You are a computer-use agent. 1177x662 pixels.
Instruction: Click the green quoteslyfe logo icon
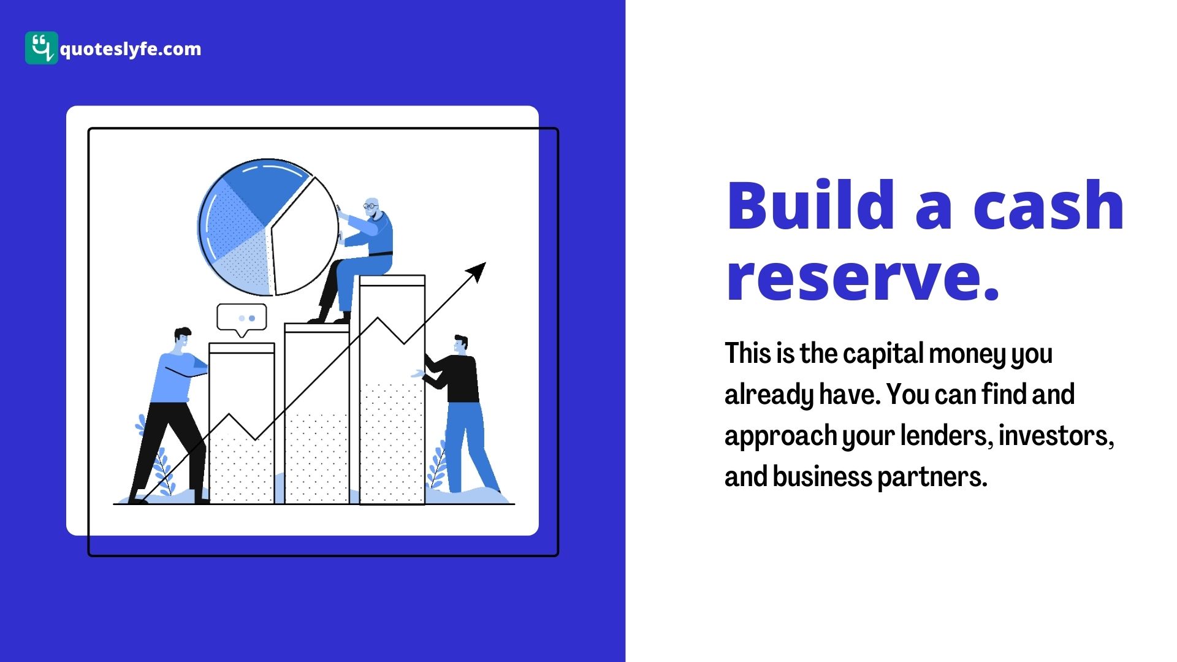point(42,48)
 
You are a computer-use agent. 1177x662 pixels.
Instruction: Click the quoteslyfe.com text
point(131,49)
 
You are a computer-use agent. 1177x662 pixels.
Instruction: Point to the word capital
point(883,354)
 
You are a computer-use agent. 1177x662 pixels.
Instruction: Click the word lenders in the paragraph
point(947,436)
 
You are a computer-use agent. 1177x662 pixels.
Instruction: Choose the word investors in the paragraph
point(1056,436)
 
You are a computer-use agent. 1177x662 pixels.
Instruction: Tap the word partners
point(932,477)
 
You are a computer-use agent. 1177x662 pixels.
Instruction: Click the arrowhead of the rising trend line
point(477,271)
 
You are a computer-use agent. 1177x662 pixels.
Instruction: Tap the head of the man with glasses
point(371,207)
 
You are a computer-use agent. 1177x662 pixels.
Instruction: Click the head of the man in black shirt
point(460,345)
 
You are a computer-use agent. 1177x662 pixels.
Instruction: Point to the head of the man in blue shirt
point(181,340)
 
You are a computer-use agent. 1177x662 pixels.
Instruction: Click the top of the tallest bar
point(392,281)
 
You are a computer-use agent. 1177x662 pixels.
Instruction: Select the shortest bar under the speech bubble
point(242,423)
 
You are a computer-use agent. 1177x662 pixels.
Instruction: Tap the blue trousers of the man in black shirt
point(469,446)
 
